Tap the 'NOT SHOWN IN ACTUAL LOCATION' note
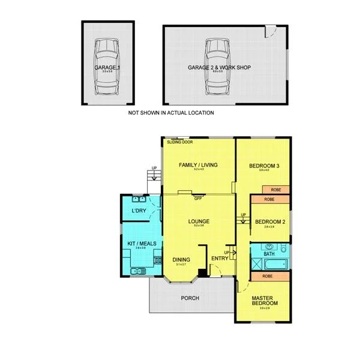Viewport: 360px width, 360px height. pyautogui.click(x=171, y=113)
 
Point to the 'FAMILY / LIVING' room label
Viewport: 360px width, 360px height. pyautogui.click(x=198, y=165)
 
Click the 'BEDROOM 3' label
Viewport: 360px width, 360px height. pyautogui.click(x=263, y=165)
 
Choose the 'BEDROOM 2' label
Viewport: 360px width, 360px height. pyautogui.click(x=269, y=221)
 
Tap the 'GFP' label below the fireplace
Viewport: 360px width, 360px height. pyautogui.click(x=197, y=199)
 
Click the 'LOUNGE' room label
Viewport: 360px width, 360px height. pyautogui.click(x=198, y=221)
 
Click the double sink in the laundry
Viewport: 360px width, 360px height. pyautogui.click(x=140, y=200)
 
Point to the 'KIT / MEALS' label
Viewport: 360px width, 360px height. pyautogui.click(x=142, y=243)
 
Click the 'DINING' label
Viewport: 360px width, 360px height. pyautogui.click(x=181, y=259)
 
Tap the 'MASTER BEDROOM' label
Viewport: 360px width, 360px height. pyautogui.click(x=263, y=301)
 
